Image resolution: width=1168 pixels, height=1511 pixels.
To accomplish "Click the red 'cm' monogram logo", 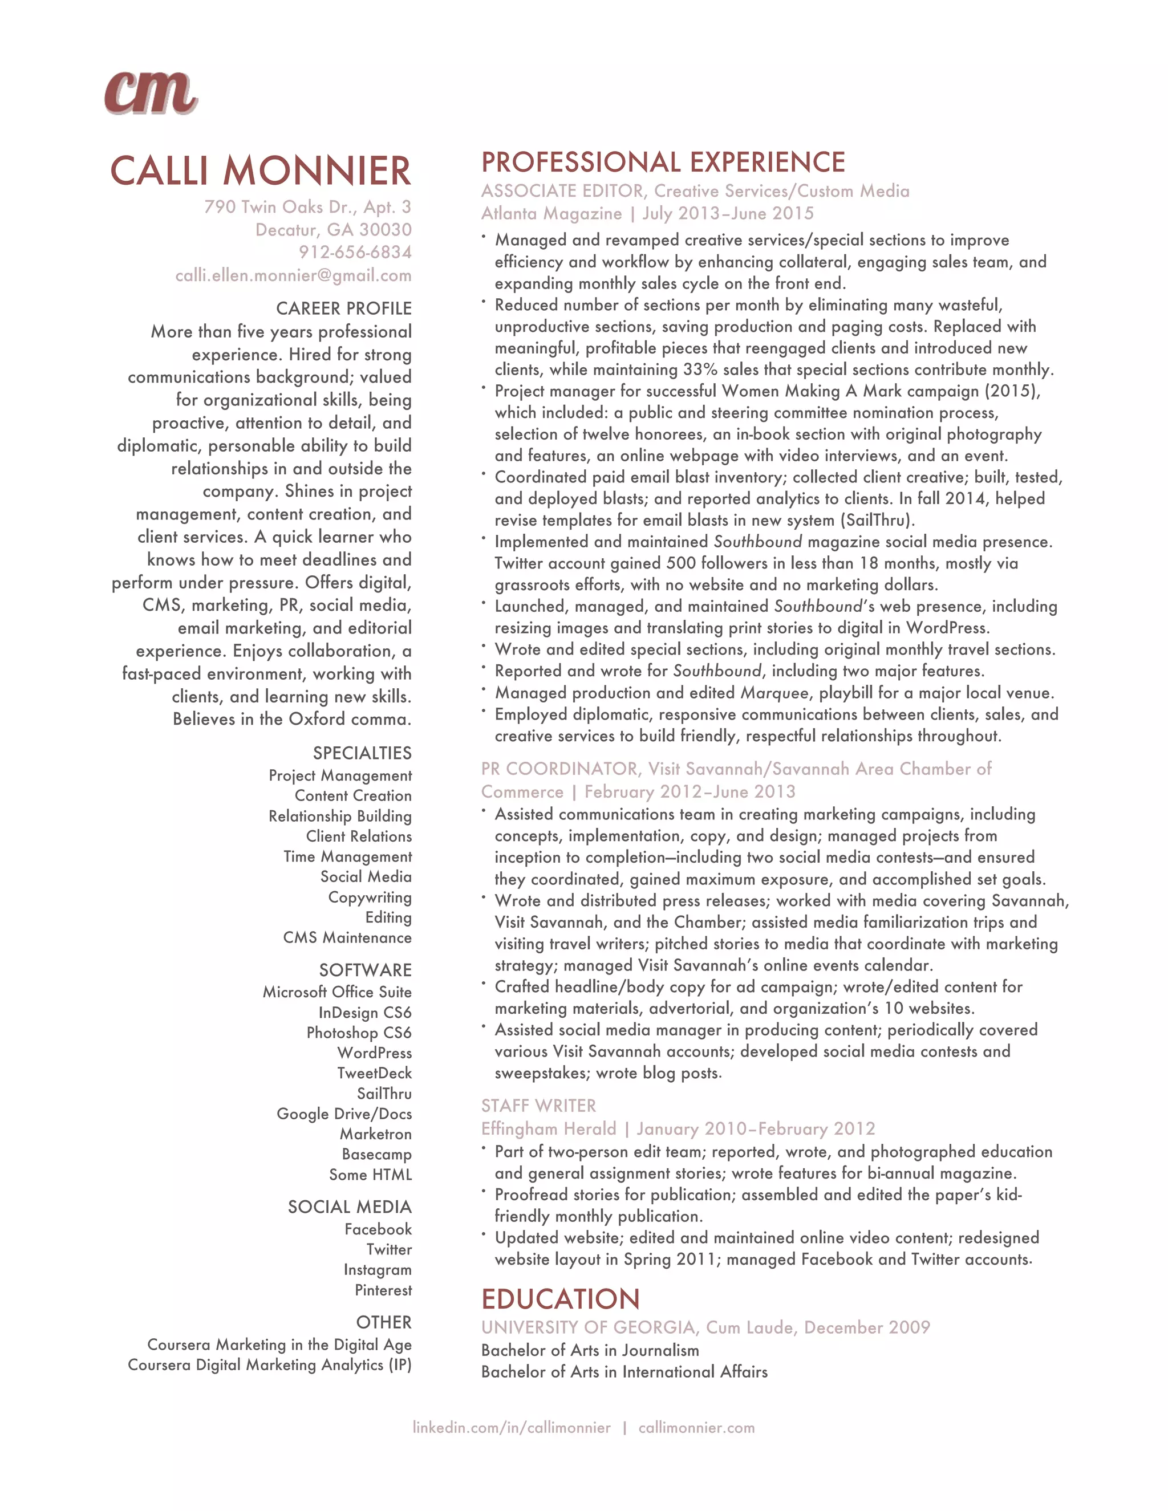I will point(151,93).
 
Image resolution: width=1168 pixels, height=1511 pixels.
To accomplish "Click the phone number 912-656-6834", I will point(355,253).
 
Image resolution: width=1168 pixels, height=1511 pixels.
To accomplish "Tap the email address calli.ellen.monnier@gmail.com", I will point(293,275).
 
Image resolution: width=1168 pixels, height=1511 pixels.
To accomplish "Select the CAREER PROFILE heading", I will point(343,308).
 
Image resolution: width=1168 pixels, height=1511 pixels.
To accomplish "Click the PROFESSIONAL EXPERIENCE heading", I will point(663,163).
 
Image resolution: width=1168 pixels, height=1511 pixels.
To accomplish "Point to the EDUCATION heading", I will point(561,1299).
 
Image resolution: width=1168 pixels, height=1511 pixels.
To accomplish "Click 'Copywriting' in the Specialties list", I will point(370,897).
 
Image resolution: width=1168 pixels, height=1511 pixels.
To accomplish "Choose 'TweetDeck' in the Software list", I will point(374,1073).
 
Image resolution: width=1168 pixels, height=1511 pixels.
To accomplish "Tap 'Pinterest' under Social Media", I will point(383,1290).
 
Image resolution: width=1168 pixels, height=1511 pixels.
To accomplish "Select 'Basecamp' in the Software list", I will point(376,1154).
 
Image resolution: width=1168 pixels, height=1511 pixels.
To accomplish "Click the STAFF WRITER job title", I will point(538,1106).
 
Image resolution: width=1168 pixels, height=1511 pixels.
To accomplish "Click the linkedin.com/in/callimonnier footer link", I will point(512,1428).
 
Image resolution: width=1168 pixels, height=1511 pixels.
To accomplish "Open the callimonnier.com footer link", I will point(696,1428).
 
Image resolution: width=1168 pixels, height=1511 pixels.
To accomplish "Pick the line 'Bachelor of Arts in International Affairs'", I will point(624,1372).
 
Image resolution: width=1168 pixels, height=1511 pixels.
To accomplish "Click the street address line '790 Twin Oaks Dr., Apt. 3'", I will point(307,207).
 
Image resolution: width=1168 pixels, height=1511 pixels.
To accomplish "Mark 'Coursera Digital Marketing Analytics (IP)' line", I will point(269,1365).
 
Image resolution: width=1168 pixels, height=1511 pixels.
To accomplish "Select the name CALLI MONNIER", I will point(261,171).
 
